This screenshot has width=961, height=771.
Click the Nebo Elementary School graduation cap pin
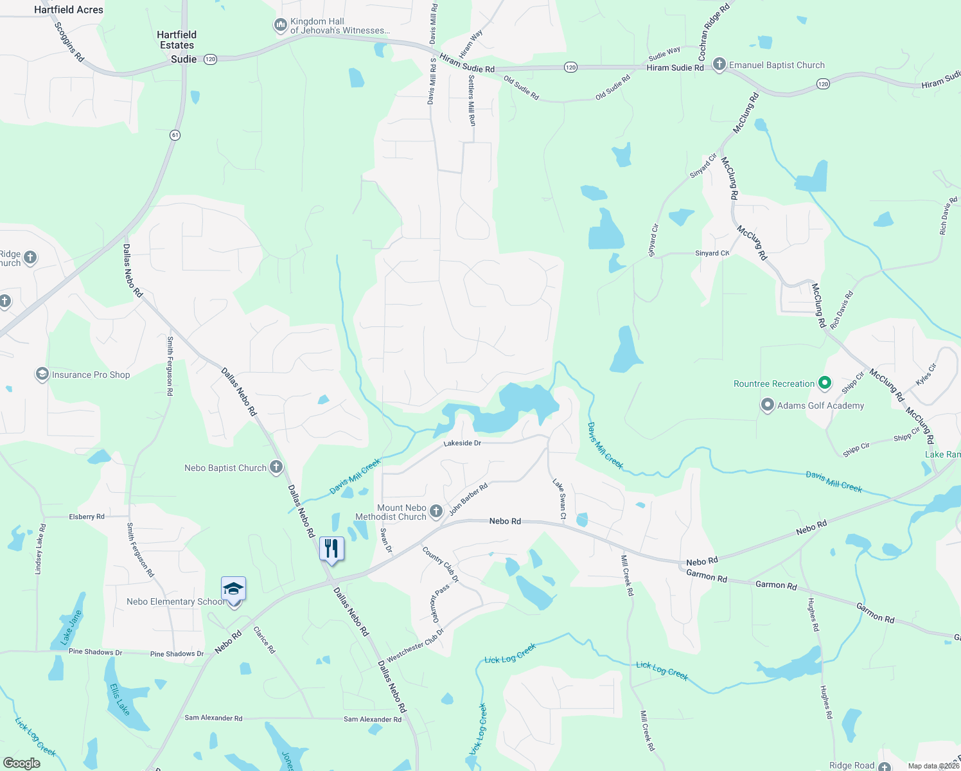point(233,589)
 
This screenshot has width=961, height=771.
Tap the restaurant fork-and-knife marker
point(331,549)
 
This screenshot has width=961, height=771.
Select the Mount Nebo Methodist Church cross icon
point(436,511)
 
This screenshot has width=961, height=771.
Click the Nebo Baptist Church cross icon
point(276,467)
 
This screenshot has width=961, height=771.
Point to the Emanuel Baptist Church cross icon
point(719,64)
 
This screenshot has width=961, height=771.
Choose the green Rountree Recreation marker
point(825,384)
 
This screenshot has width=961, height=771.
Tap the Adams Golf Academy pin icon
point(767,405)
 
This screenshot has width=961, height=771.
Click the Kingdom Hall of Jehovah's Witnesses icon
point(280,25)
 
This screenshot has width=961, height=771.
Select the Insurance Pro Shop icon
point(42,374)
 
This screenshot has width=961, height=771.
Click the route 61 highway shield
point(175,135)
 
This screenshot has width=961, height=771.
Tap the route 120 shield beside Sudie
point(210,59)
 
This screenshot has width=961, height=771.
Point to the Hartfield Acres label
point(69,10)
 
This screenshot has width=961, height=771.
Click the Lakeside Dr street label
point(462,443)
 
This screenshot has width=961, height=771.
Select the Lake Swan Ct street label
point(560,498)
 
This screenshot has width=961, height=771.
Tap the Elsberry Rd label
point(86,517)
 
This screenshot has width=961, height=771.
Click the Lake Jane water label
point(71,627)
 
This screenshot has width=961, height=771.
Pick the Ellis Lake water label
point(119,699)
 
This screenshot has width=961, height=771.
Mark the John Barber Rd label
point(468,499)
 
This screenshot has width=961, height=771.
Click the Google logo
point(22,763)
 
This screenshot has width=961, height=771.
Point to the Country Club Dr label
point(441,564)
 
